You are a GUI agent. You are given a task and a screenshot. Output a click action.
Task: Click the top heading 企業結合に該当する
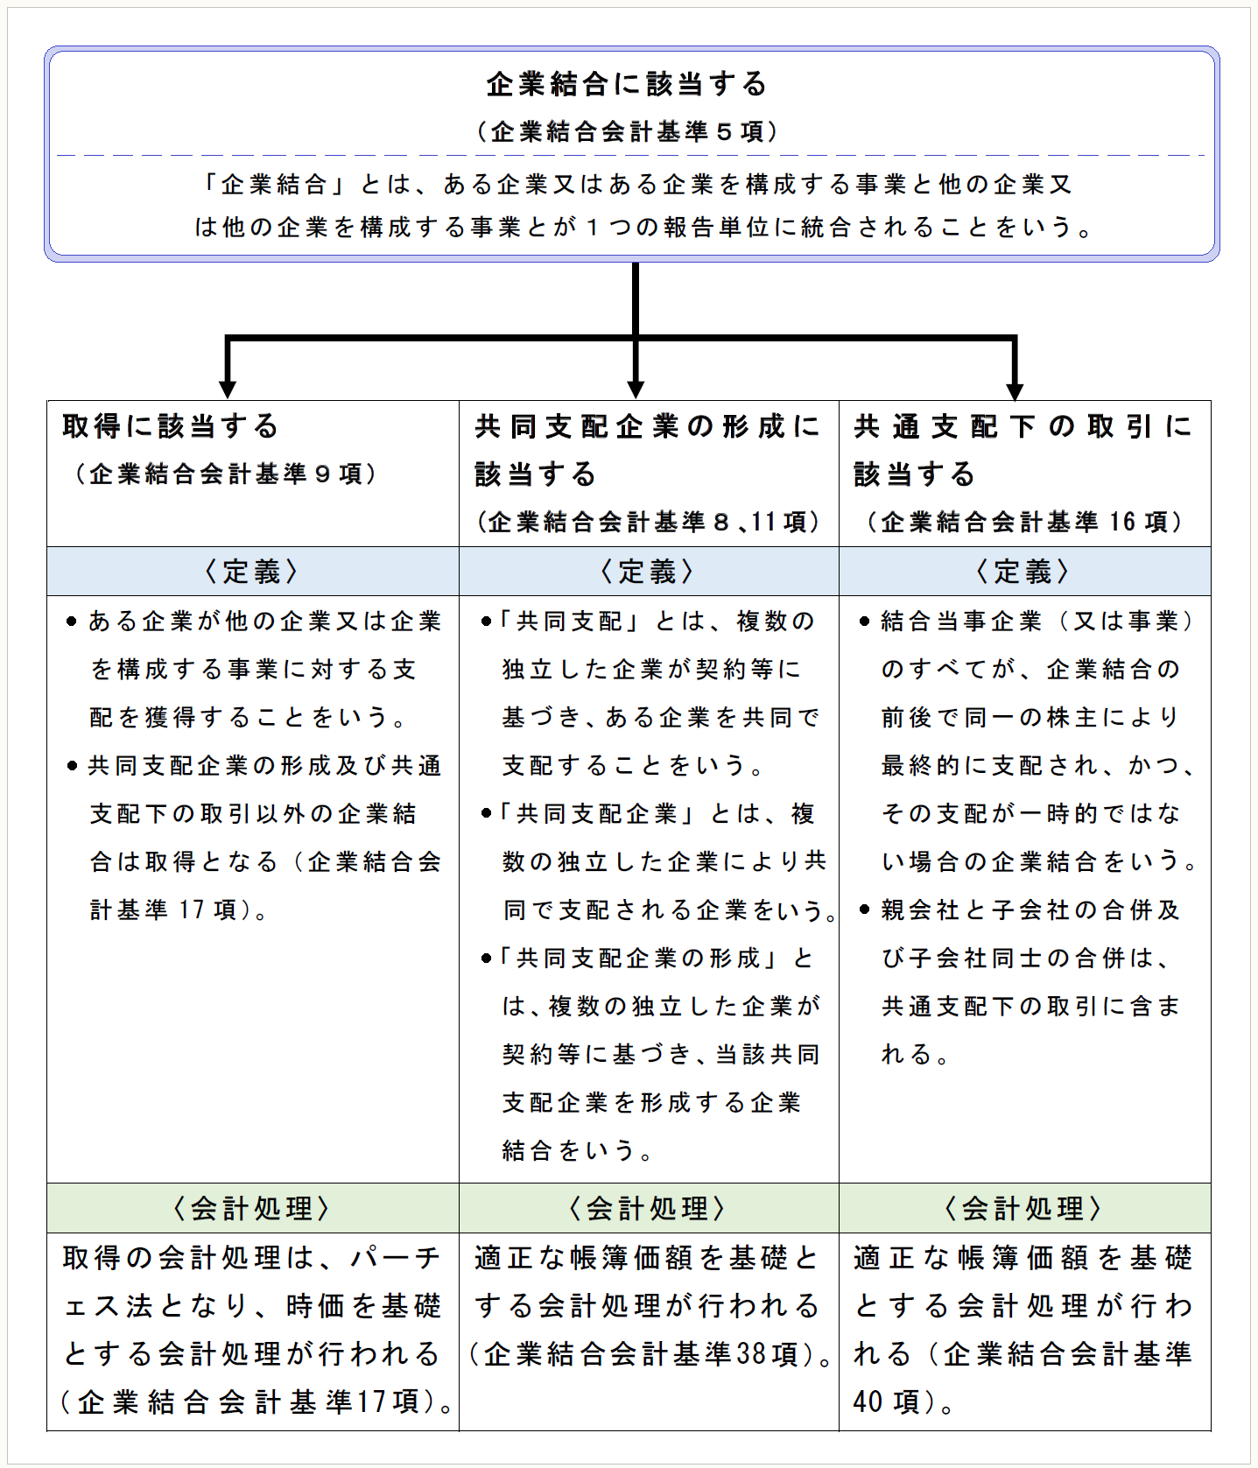tap(627, 84)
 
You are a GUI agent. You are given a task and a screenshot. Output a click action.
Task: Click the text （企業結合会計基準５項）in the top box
tap(627, 131)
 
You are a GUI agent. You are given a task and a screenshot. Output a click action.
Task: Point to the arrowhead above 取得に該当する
tap(228, 388)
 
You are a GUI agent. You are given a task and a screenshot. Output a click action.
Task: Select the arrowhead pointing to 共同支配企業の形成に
tap(636, 388)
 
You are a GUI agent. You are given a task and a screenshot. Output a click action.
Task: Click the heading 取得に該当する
tap(171, 426)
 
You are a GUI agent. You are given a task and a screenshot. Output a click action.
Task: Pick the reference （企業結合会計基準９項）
tap(226, 474)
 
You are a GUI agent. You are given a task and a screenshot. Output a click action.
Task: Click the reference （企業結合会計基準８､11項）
tap(649, 522)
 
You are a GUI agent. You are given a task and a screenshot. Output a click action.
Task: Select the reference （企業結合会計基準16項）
tap(1025, 522)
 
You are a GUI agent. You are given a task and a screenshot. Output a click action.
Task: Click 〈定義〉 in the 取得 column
tap(252, 572)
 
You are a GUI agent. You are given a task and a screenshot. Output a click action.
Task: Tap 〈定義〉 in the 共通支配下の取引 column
tap(1023, 572)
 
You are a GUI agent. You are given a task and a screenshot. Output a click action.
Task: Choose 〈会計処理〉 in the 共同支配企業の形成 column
tap(648, 1209)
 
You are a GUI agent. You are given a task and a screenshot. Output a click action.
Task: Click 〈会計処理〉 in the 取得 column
tap(252, 1209)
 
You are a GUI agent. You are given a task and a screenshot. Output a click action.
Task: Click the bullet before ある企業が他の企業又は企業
tap(72, 622)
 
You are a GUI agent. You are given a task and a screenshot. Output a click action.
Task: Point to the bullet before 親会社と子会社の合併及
tap(864, 910)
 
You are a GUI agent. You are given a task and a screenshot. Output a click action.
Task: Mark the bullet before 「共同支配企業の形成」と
tap(486, 959)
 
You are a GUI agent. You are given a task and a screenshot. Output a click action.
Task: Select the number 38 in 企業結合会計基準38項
tap(750, 1354)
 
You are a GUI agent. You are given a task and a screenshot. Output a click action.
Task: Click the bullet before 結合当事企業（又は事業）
tap(864, 622)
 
